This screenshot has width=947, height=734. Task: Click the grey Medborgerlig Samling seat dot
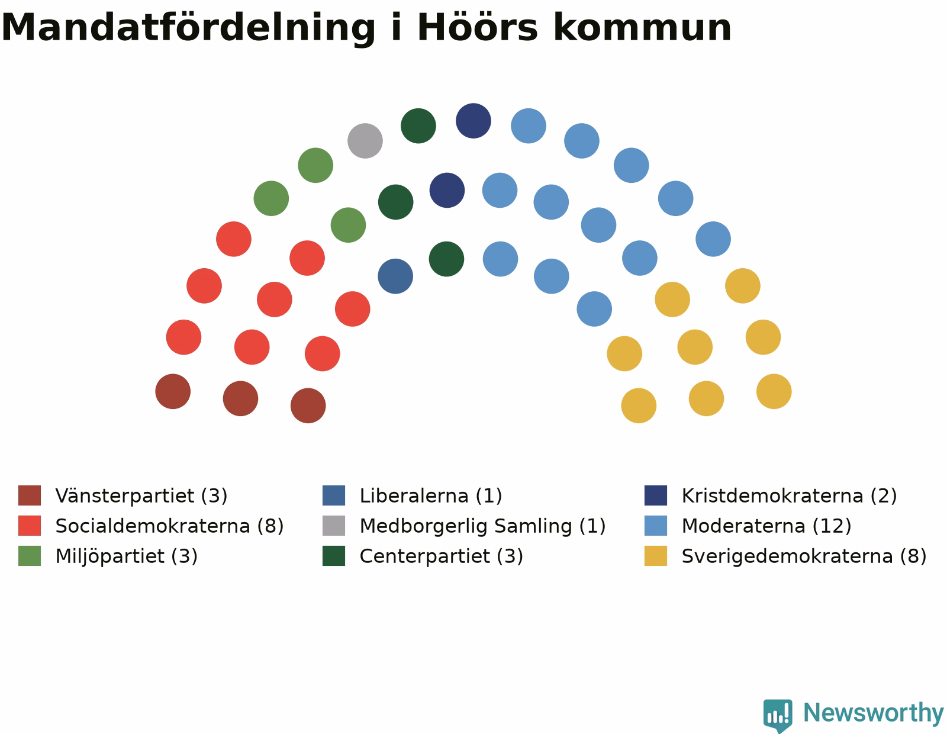click(365, 141)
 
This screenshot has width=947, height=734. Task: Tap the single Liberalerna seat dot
click(395, 276)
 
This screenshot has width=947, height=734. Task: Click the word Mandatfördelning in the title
click(188, 28)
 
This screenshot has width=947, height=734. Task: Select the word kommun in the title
click(642, 28)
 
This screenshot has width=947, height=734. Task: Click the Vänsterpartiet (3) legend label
click(141, 496)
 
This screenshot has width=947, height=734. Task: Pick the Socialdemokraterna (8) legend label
click(169, 526)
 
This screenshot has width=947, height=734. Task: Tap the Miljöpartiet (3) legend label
click(127, 556)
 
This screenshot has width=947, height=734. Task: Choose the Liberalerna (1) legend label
click(430, 496)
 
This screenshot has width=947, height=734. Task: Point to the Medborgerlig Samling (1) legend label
click(482, 526)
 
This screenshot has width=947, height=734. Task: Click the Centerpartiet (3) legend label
click(441, 556)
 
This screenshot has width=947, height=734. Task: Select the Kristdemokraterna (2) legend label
click(789, 496)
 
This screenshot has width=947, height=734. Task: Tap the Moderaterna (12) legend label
click(766, 526)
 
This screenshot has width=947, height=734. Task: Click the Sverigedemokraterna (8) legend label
click(804, 556)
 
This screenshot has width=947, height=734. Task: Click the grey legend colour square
click(333, 526)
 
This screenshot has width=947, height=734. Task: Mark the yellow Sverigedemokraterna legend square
click(655, 556)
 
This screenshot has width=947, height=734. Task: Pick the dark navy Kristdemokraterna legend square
click(655, 495)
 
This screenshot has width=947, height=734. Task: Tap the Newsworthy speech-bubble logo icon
click(778, 716)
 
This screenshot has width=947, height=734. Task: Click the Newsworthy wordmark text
click(873, 713)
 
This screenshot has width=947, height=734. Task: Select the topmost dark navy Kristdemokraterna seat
click(474, 121)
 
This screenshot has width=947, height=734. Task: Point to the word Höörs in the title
click(478, 27)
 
